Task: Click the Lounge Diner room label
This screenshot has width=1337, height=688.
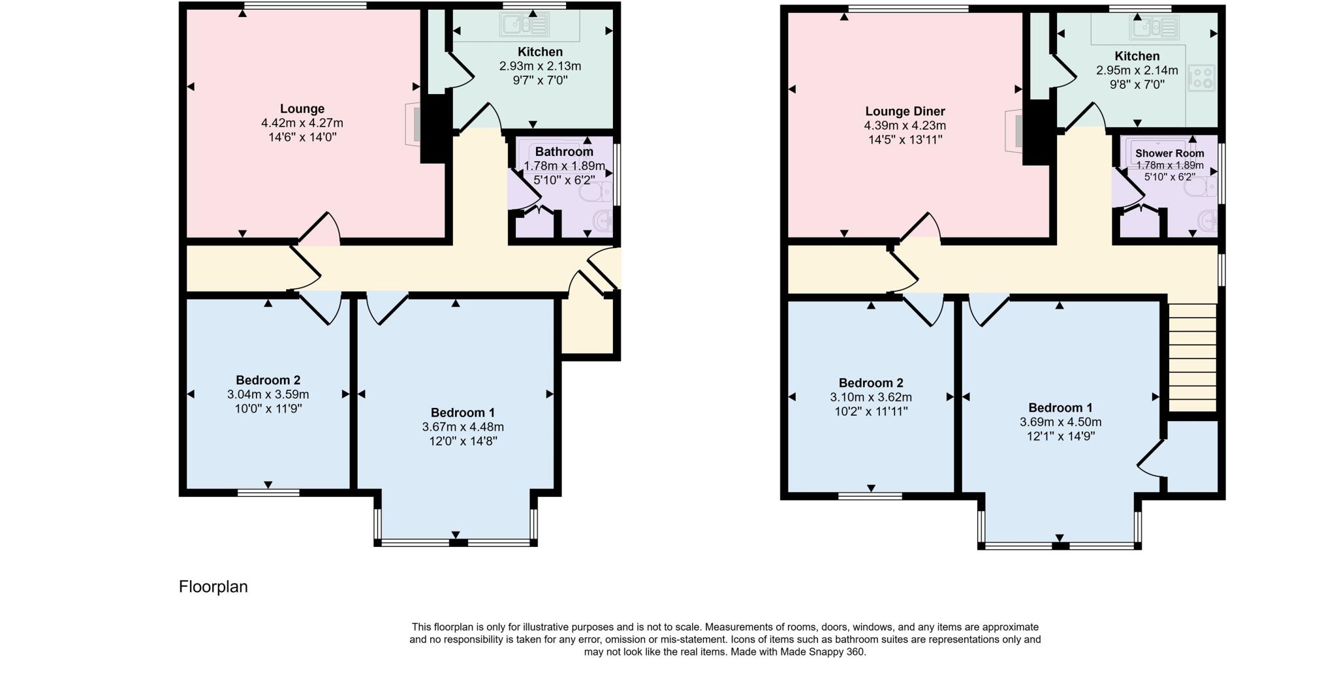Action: point(905,112)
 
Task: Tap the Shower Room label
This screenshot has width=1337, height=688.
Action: point(1169,153)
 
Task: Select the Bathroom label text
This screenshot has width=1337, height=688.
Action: point(564,151)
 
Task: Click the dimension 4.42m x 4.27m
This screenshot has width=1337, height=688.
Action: point(302,123)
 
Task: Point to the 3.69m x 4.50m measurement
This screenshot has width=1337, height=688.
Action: point(1060,422)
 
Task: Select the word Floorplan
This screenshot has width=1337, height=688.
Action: point(213,587)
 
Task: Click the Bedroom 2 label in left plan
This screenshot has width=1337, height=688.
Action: point(268,380)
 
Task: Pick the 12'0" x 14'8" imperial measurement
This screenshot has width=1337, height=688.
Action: point(462,441)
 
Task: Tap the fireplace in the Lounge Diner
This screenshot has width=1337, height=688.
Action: point(1016,131)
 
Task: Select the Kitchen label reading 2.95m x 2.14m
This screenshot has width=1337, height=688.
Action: point(1137,70)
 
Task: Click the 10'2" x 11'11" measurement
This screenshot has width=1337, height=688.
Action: point(871,411)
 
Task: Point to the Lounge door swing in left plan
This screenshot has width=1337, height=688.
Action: point(320,228)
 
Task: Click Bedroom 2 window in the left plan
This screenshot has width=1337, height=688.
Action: point(268,493)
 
